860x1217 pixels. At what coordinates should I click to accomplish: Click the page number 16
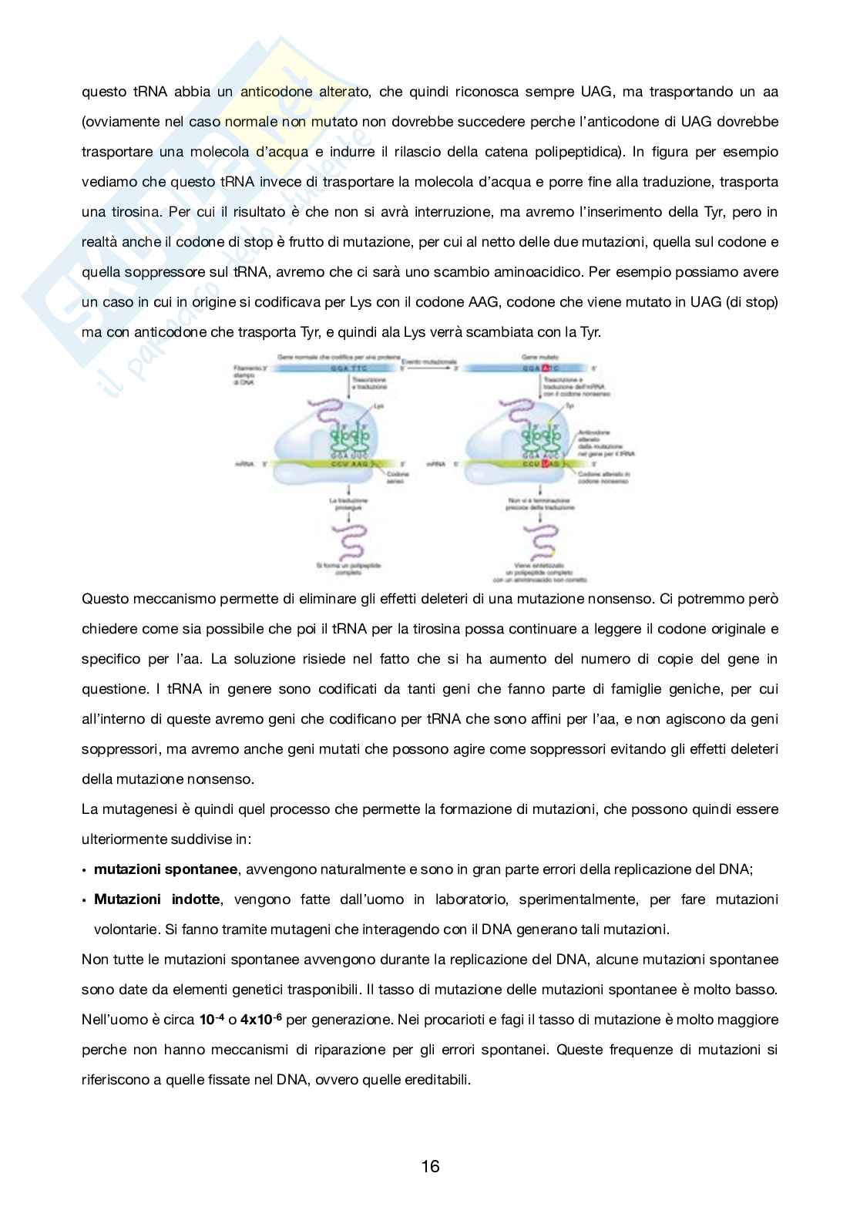click(430, 1166)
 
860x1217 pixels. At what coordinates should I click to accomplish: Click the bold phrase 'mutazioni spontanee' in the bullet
click(165, 869)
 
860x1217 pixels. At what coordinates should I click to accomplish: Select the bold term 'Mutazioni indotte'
click(157, 899)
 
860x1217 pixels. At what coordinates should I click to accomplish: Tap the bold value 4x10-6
click(261, 1020)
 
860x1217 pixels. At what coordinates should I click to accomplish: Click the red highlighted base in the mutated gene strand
click(545, 369)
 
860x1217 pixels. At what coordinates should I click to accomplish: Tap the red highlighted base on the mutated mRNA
click(546, 464)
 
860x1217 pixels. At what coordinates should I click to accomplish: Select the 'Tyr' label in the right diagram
click(569, 405)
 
